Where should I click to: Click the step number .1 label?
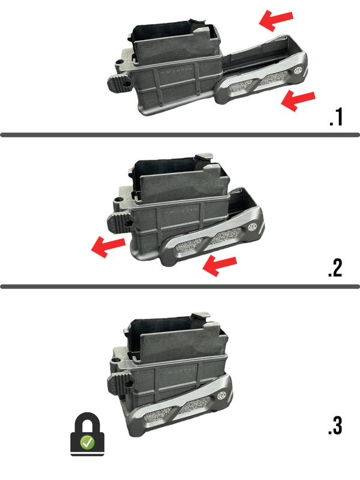point(335,116)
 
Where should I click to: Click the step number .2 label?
point(335,268)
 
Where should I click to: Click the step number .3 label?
point(335,425)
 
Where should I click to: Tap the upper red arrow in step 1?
point(276,21)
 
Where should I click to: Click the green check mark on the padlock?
point(88,443)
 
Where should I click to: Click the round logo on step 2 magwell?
point(252,227)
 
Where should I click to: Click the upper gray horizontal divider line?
point(180,134)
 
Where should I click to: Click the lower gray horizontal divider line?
point(180,286)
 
